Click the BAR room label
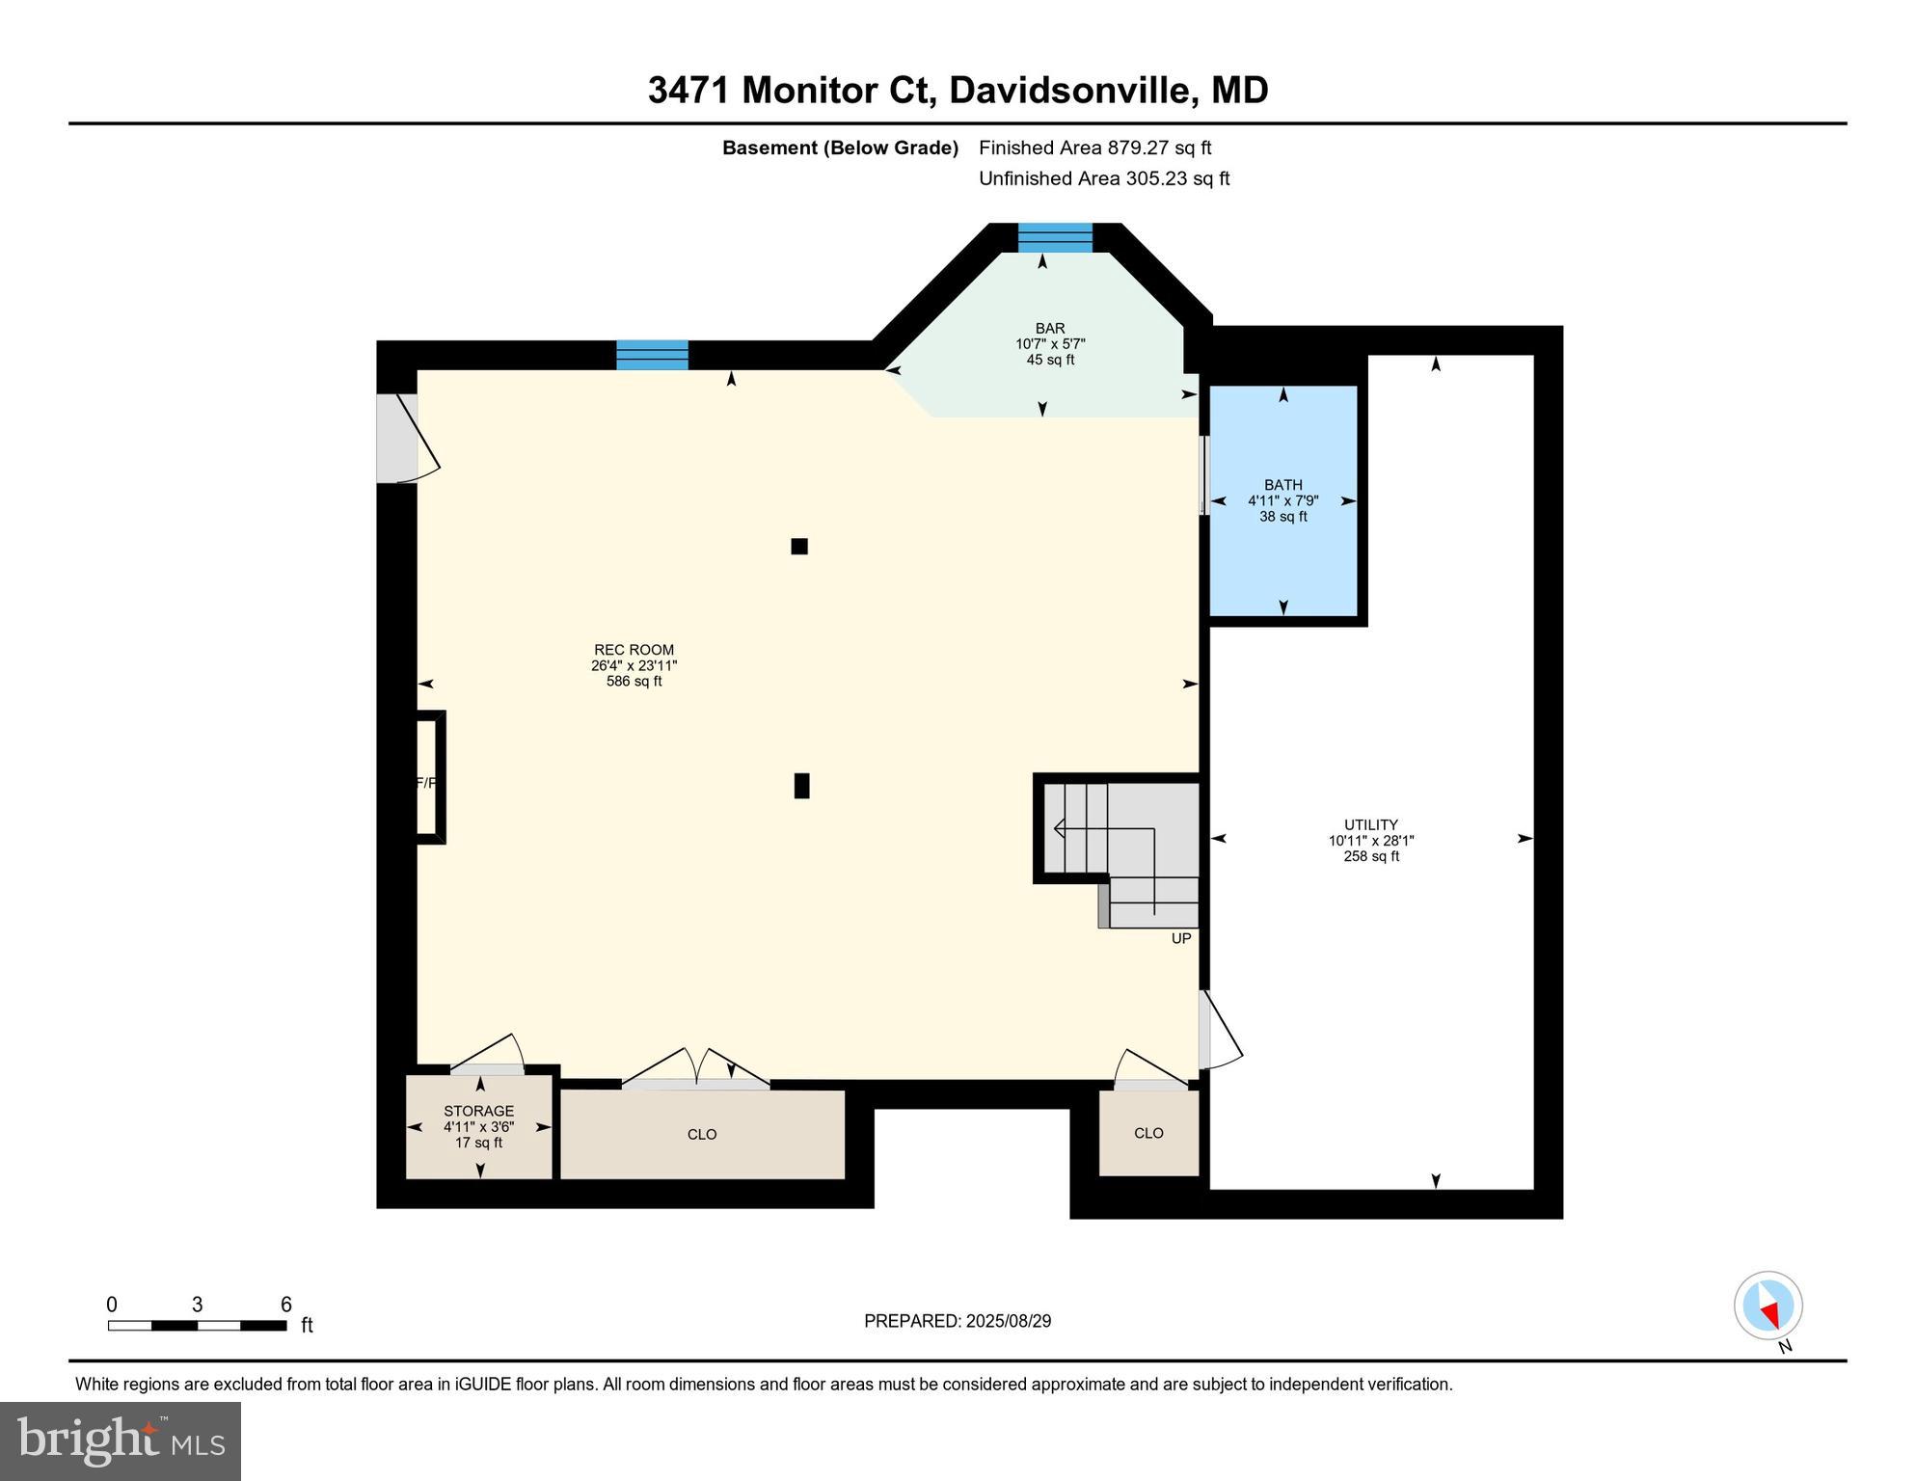[1050, 329]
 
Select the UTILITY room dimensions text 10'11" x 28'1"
[1370, 841]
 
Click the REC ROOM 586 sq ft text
[634, 682]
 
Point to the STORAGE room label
[478, 1111]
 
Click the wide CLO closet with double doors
[702, 1134]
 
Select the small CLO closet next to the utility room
[1148, 1133]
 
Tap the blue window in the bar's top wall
[1055, 237]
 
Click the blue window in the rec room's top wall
[652, 355]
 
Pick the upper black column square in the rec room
[798, 547]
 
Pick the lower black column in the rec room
[801, 786]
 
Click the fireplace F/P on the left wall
[427, 778]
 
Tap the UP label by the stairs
[1180, 938]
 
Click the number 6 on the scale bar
[285, 1305]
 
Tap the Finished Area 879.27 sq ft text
[1094, 148]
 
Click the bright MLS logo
[121, 1441]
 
